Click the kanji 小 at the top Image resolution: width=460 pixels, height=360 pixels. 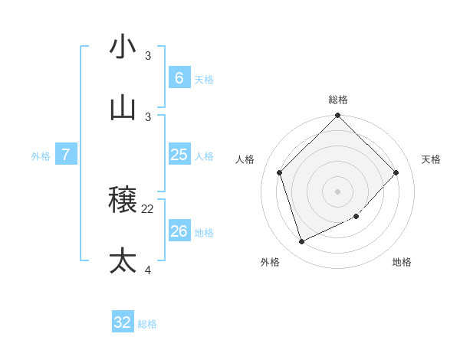[123, 47]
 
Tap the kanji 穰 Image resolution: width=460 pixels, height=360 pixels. [123, 200]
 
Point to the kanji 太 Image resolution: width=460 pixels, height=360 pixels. [123, 260]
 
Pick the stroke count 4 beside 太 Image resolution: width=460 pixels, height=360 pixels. [148, 270]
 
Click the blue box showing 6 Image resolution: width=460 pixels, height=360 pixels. [179, 77]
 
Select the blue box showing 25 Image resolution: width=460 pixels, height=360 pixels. [179, 155]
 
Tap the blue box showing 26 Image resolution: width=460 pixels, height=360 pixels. [179, 231]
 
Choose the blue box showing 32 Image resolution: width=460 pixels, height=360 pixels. [123, 322]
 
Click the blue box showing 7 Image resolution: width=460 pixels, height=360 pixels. [66, 155]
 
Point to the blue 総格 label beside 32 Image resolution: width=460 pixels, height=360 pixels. [147, 324]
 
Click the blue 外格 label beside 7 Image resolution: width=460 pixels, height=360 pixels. [41, 156]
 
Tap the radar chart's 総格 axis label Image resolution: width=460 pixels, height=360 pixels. [338, 100]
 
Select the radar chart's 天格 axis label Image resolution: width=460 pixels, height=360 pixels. [431, 159]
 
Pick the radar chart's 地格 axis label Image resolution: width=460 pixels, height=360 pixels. [402, 262]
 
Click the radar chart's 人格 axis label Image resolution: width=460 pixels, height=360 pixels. [245, 159]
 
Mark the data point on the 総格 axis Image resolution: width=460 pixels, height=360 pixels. [338, 116]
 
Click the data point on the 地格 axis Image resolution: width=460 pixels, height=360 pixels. [356, 217]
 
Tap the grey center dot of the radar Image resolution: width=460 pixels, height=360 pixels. [338, 191]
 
